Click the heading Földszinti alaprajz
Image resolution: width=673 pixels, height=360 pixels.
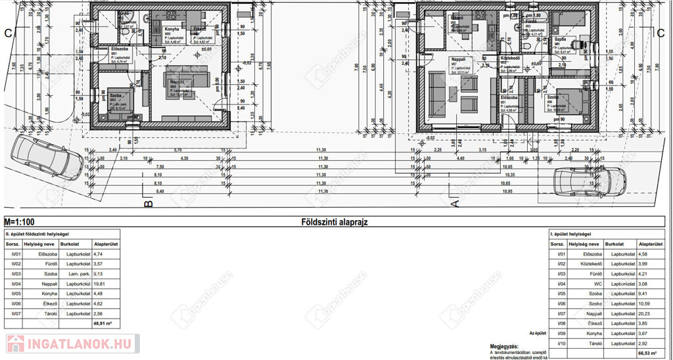click(x=334, y=222)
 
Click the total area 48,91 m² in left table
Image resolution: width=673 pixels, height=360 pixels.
click(x=103, y=323)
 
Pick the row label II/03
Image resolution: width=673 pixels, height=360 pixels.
click(x=14, y=274)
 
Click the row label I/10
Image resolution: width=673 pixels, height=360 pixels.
click(x=562, y=343)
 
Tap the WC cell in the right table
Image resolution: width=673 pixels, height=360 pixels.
click(x=594, y=283)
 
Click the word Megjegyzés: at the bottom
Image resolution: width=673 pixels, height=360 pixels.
click(x=504, y=346)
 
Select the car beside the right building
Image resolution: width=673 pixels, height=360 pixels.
click(x=590, y=181)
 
